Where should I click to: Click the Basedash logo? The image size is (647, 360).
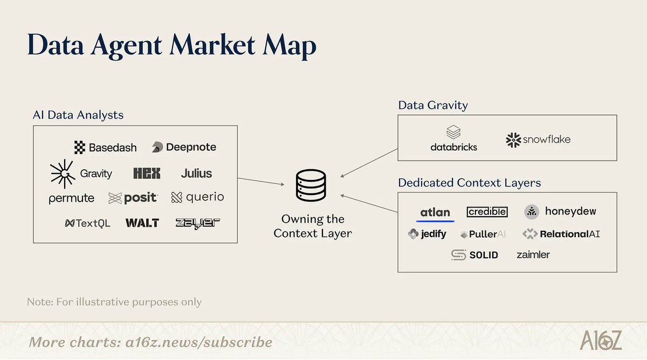click(x=105, y=147)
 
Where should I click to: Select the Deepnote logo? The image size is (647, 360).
click(x=184, y=147)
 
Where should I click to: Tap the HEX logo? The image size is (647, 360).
click(x=147, y=174)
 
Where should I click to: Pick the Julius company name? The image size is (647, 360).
click(x=196, y=174)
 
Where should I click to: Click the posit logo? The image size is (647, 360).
click(x=133, y=198)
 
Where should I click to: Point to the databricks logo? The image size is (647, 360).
click(x=453, y=139)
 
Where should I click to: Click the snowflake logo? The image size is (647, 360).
click(x=538, y=140)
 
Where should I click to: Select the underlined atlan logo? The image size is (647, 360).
click(x=435, y=212)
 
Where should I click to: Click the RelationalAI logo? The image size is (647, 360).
click(x=561, y=234)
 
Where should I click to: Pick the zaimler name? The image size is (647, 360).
click(x=533, y=254)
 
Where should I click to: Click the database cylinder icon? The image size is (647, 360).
click(x=311, y=185)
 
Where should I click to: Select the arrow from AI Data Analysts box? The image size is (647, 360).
click(x=260, y=181)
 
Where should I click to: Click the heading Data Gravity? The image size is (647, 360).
click(x=432, y=105)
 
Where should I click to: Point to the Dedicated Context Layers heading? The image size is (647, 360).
click(x=469, y=183)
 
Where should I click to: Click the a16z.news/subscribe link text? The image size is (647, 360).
click(x=197, y=342)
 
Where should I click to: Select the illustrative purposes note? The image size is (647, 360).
click(x=114, y=302)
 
